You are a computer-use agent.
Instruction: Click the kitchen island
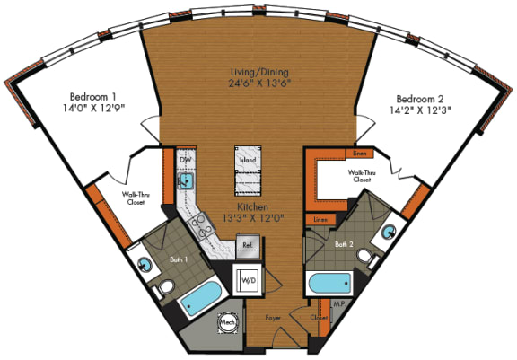248,169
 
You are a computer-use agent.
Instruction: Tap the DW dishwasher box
186,160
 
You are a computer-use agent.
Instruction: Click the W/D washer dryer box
247,280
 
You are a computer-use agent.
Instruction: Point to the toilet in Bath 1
165,288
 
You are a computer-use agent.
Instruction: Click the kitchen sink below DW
186,181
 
